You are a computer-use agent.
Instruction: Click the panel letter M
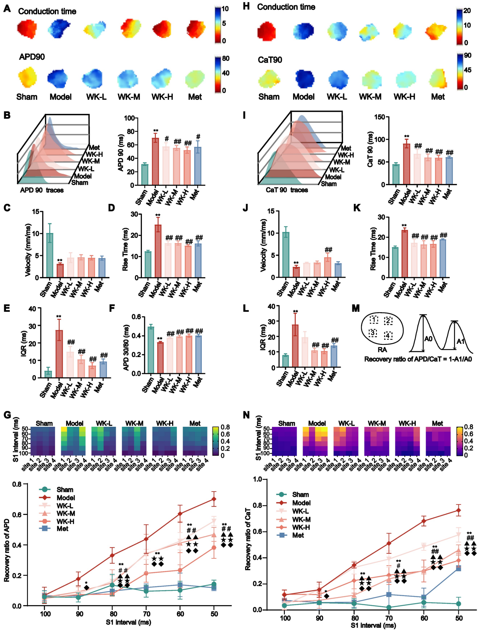[x=355, y=308]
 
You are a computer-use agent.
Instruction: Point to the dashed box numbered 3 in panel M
[x=373, y=333]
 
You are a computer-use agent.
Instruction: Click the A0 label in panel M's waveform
[x=428, y=339]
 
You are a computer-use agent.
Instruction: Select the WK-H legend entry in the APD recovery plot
[x=65, y=521]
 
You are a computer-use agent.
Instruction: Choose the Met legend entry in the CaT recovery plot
[x=298, y=535]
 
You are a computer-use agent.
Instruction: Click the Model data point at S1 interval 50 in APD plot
[x=214, y=499]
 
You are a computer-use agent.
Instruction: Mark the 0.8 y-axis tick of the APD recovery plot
[x=17, y=484]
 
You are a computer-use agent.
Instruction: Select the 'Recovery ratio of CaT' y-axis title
[x=248, y=539]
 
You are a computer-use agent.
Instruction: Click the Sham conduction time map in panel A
[x=27, y=29]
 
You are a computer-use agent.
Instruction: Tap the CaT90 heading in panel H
[x=270, y=60]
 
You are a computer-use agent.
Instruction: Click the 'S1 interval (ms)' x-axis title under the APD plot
[x=128, y=622]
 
